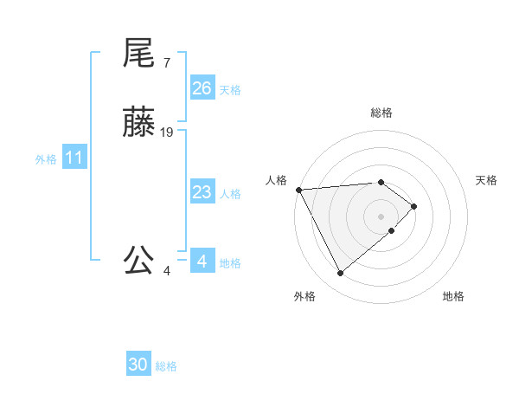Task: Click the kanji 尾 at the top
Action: click(138, 54)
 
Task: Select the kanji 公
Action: click(138, 260)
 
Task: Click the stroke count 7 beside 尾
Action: click(166, 63)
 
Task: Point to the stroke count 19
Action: click(167, 132)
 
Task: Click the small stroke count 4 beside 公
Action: click(167, 270)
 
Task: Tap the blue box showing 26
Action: click(202, 88)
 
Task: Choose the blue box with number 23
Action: click(202, 192)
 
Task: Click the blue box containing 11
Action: click(74, 158)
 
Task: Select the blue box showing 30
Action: click(138, 365)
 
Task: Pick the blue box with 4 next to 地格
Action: click(202, 262)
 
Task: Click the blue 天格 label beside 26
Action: click(230, 90)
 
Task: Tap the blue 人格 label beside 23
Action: click(230, 194)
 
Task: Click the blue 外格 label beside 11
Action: click(46, 159)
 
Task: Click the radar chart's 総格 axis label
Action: click(381, 113)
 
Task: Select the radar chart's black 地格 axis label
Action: click(453, 296)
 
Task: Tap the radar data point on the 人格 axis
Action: click(298, 190)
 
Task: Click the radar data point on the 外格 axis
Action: click(340, 274)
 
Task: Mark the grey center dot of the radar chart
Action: click(381, 216)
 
